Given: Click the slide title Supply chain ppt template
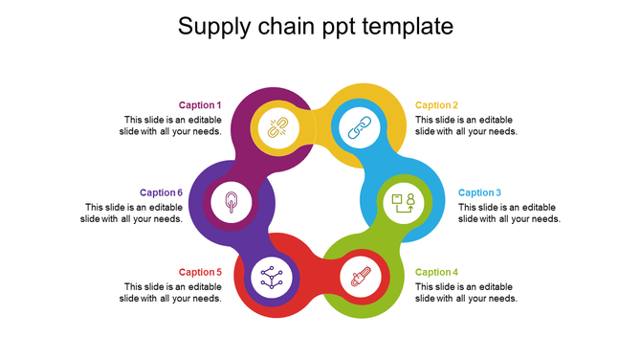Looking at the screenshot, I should [316, 27].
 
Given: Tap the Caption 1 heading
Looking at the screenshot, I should [200, 105].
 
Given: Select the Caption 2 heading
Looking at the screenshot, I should [436, 105].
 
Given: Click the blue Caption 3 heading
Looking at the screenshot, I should [479, 192].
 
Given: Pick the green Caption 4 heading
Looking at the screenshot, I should [436, 272].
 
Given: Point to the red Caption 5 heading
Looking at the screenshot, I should [200, 272].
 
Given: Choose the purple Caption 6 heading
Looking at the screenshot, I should [161, 192].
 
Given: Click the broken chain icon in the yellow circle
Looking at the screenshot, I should [276, 127].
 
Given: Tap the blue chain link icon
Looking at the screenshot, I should [358, 127].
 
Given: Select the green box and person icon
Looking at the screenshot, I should [402, 202].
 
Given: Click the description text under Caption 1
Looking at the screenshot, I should [172, 125].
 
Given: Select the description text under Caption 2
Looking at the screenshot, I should [466, 125].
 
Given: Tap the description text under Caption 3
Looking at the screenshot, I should [509, 213].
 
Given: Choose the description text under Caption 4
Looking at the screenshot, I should [466, 292].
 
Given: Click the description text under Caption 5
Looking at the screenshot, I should [172, 292].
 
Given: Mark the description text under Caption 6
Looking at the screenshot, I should [134, 213].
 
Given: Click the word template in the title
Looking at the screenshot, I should [410, 27].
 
